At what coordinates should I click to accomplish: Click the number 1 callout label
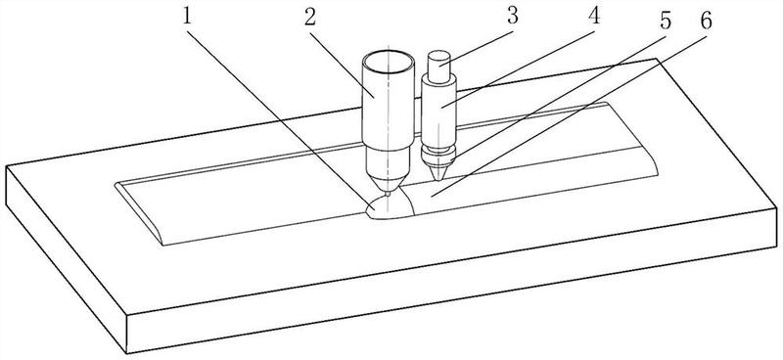(187, 19)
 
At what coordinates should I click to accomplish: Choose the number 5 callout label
(666, 22)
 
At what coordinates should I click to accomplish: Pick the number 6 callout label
(706, 21)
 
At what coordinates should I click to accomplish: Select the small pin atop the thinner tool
(439, 63)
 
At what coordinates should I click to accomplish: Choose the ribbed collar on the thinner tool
(438, 154)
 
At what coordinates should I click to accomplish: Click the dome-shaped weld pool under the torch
(391, 207)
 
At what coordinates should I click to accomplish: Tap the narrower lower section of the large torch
(387, 163)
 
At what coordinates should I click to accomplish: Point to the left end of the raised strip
(140, 213)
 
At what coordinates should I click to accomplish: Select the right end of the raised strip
(631, 138)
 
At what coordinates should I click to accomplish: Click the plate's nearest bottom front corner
(127, 352)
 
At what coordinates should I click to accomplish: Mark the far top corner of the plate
(656, 60)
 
